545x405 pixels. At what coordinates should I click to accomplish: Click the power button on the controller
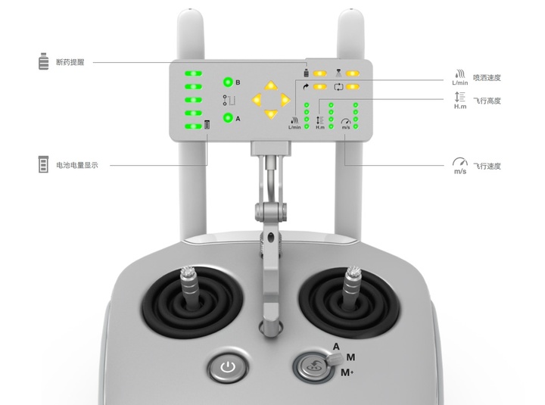click(x=228, y=366)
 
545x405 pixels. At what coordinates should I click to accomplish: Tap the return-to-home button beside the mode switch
click(x=311, y=366)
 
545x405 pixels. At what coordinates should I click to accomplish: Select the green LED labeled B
click(x=228, y=83)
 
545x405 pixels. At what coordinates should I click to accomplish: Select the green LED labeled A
click(x=228, y=118)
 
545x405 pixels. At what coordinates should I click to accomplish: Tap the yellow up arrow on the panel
click(x=271, y=86)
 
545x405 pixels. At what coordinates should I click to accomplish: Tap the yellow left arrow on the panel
click(x=257, y=100)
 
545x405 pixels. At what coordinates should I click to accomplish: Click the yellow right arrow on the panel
click(x=285, y=100)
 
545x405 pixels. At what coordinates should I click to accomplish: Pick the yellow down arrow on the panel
click(x=271, y=114)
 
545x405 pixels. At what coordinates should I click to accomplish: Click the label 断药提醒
click(x=70, y=62)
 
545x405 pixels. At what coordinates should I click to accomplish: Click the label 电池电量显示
click(x=77, y=165)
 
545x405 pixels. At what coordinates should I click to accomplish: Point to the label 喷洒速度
click(x=487, y=77)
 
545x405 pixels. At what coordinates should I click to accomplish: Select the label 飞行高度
click(x=487, y=101)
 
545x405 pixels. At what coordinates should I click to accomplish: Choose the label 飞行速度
click(x=487, y=167)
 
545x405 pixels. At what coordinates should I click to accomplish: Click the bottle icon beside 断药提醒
click(x=43, y=61)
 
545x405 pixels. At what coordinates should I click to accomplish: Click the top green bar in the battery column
click(x=193, y=73)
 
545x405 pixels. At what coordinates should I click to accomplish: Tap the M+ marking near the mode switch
click(x=347, y=372)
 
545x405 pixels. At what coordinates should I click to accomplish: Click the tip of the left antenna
click(x=190, y=9)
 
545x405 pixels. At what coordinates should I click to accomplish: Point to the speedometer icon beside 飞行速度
click(x=460, y=162)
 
